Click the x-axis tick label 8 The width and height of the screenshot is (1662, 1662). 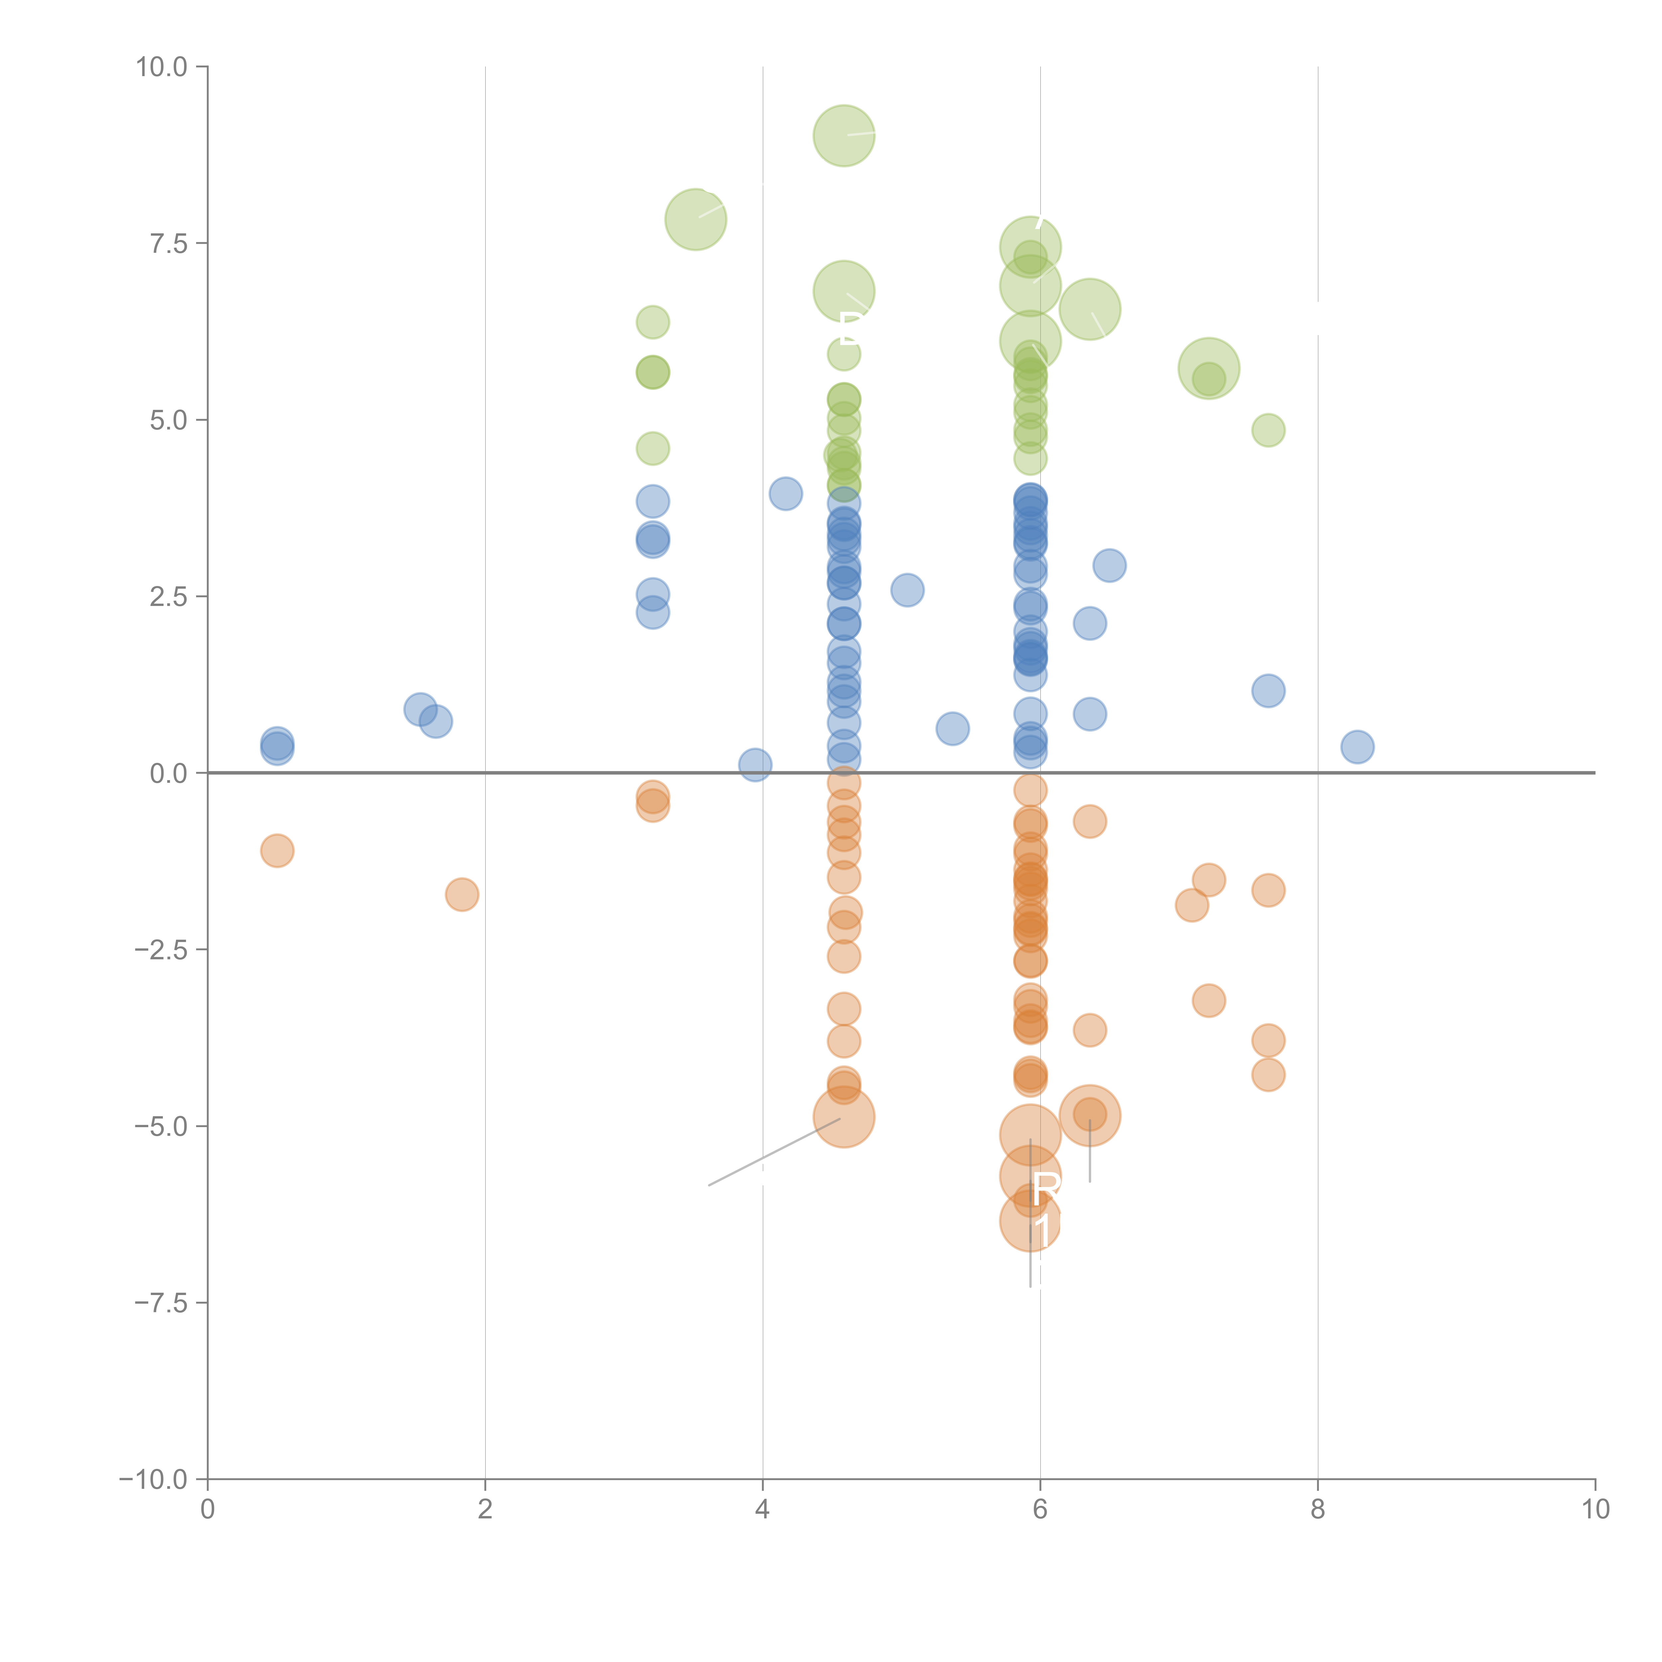(x=1318, y=1510)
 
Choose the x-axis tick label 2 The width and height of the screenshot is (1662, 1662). (x=485, y=1510)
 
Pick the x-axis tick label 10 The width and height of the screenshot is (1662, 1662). (x=1595, y=1510)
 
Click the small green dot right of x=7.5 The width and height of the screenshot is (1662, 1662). (x=1268, y=430)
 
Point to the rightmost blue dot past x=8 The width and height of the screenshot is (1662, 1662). (x=1357, y=747)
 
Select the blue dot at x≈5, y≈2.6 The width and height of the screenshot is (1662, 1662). (x=907, y=590)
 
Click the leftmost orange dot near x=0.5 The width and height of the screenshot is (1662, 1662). (x=277, y=851)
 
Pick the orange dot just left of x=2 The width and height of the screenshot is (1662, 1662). (x=462, y=895)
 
